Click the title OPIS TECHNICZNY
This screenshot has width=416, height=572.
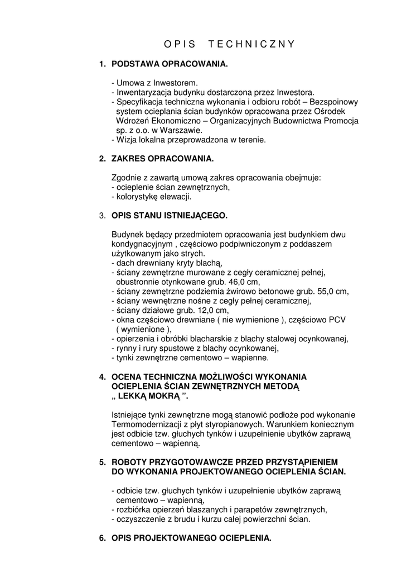coord(230,44)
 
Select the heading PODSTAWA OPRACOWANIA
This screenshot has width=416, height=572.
coord(170,65)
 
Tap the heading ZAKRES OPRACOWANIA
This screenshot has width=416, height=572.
coord(162,159)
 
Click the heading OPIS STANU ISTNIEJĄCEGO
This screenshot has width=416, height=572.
coord(170,216)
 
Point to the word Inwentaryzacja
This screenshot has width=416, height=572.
coord(142,92)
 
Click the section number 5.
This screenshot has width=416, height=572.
coord(102,462)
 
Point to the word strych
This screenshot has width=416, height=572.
coord(192,253)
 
